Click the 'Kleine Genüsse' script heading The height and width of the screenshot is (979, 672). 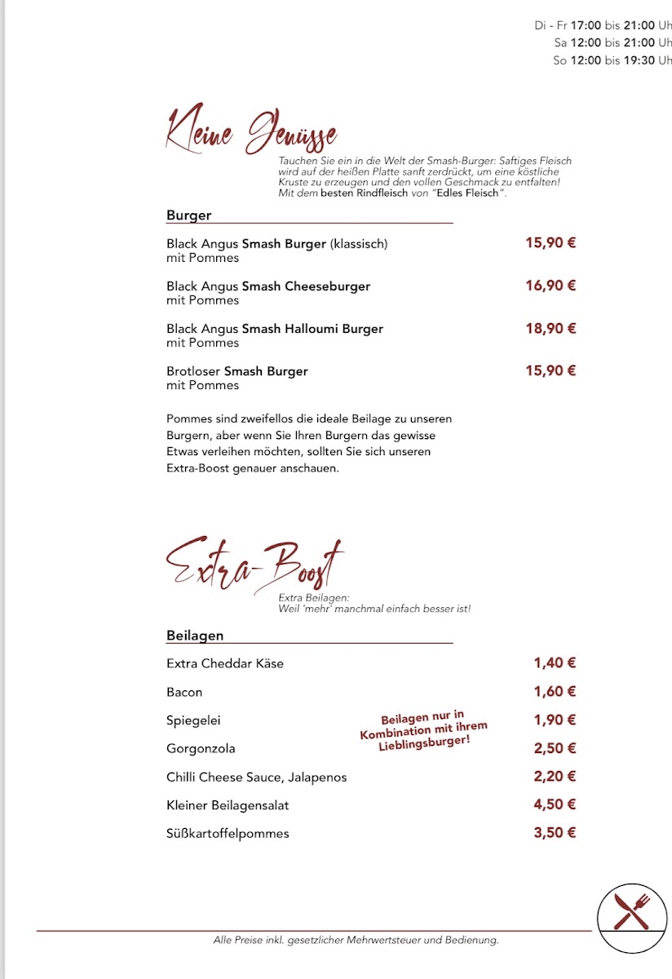[251, 131]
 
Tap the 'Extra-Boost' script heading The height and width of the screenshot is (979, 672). [254, 564]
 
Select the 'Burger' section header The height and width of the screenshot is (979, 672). [189, 215]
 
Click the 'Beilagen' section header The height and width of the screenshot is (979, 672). [195, 635]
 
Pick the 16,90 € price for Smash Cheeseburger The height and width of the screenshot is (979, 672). [550, 286]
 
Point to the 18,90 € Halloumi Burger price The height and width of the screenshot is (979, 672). [550, 328]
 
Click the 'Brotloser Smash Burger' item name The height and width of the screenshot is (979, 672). [237, 371]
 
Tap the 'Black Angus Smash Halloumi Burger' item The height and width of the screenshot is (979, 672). [275, 329]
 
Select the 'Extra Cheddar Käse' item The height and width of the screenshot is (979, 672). [225, 663]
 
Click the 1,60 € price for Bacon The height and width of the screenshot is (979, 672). [555, 692]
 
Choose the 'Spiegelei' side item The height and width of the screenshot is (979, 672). [193, 720]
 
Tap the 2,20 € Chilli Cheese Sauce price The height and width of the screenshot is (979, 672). [555, 777]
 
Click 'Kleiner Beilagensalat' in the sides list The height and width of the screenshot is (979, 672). [228, 805]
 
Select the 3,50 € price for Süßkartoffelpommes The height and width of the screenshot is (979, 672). [555, 833]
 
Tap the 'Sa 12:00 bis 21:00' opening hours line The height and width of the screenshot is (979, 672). [612, 42]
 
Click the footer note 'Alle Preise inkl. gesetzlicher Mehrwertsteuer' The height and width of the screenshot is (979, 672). [356, 940]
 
